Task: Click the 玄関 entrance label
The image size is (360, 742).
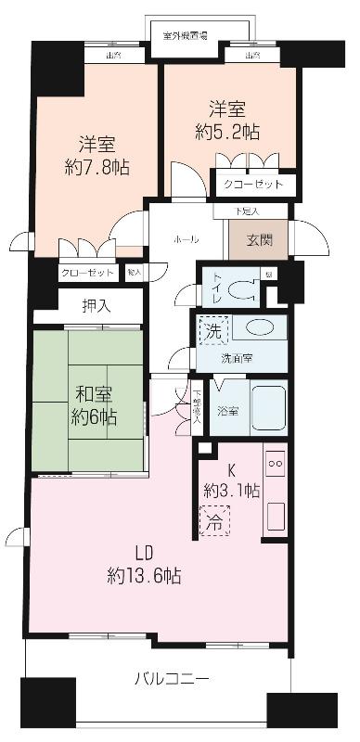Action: coord(259,239)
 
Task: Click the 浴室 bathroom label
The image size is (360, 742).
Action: coord(227,410)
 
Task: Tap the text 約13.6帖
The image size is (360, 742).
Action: coord(143,575)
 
